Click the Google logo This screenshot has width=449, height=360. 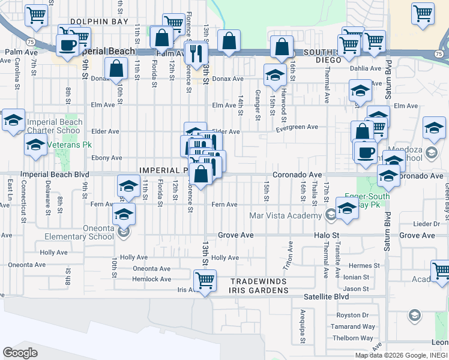[x=20, y=353]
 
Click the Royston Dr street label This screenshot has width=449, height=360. [x=352, y=315]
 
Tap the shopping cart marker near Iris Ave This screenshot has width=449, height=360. [x=205, y=280]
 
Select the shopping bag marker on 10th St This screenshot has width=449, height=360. [x=116, y=68]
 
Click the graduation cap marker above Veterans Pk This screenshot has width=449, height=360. [x=13, y=120]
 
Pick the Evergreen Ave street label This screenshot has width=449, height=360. [x=297, y=127]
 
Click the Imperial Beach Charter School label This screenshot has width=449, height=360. [x=53, y=127]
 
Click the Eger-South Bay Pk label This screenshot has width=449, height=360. [x=367, y=200]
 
